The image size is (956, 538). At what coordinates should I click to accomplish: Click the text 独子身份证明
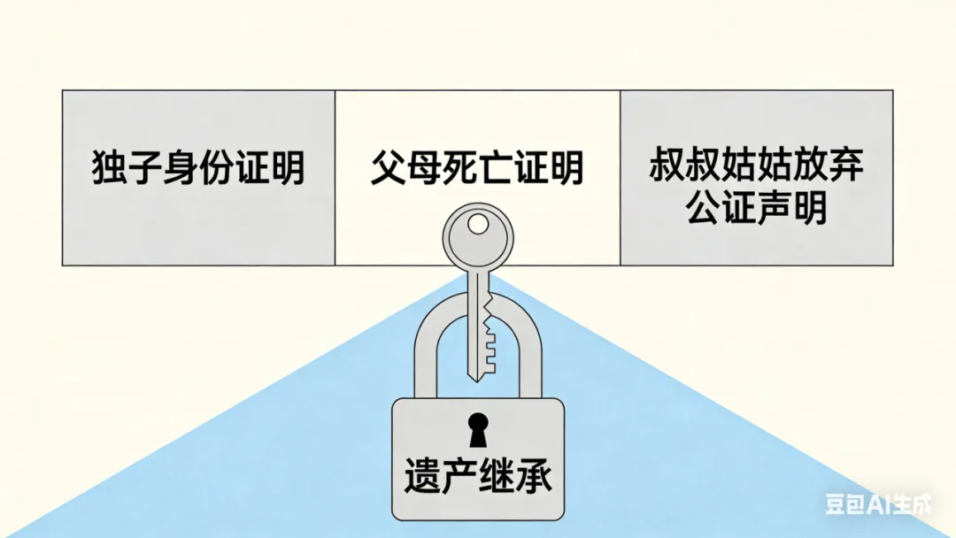coord(198,167)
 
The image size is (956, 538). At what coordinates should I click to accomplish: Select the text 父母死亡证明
coord(477,167)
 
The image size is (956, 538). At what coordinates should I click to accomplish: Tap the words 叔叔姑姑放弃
coord(756,165)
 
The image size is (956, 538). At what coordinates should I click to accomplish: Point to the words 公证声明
coord(756,210)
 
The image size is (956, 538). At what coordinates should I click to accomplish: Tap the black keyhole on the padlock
coord(478,430)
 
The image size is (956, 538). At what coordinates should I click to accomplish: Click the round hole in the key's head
coord(478,225)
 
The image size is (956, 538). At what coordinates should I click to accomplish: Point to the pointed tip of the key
coord(477,378)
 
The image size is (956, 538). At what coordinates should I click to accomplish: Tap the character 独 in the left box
coord(109,167)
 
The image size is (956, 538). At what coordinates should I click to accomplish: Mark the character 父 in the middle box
coord(388,167)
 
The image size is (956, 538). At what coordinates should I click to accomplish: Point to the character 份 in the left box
coord(216,167)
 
